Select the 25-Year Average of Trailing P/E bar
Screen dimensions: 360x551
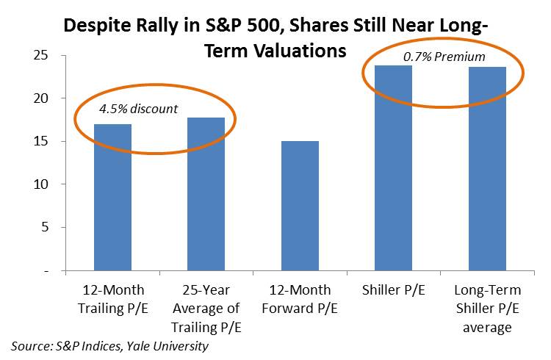[206, 194]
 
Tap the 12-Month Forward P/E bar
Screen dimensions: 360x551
[300, 206]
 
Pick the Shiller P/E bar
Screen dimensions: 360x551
[394, 168]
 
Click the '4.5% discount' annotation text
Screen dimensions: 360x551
[139, 109]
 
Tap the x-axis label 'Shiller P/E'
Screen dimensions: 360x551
[394, 290]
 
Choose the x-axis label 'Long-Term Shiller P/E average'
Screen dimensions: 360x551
[487, 308]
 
